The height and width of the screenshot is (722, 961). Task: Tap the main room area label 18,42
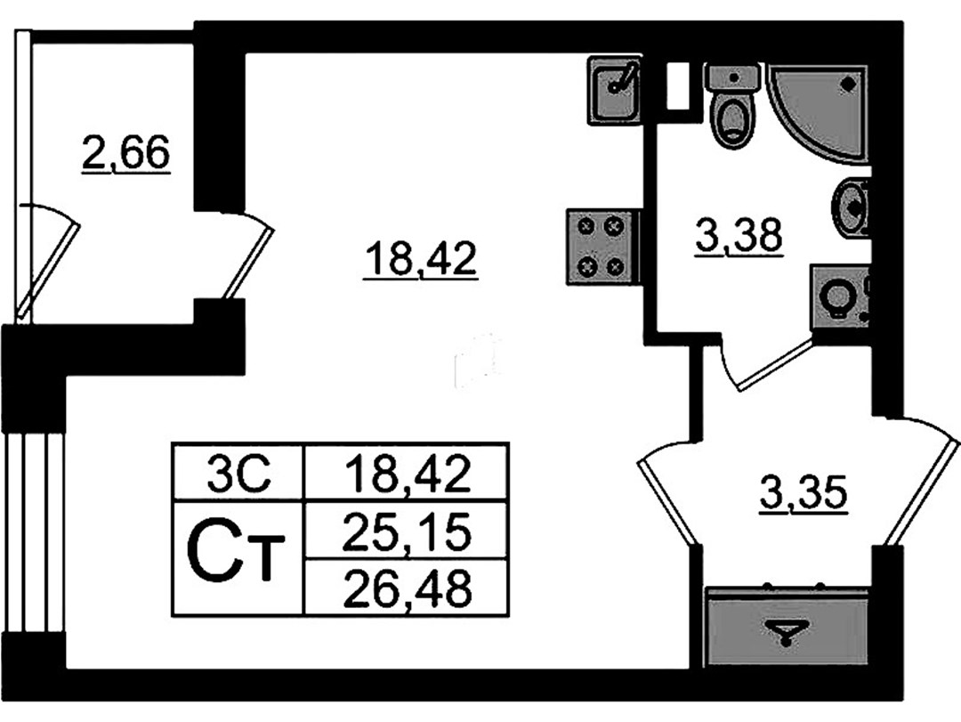(x=420, y=259)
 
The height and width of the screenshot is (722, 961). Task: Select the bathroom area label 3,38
(x=739, y=236)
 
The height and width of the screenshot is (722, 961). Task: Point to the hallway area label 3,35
(x=804, y=492)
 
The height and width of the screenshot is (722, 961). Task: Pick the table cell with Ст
(x=239, y=558)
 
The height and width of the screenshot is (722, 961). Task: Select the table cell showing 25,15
(x=407, y=531)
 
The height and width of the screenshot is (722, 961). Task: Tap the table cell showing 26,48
(x=407, y=587)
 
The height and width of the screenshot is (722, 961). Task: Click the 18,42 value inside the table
(x=407, y=473)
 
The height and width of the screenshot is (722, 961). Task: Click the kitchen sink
(x=614, y=91)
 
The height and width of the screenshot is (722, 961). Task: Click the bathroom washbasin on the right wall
(x=851, y=208)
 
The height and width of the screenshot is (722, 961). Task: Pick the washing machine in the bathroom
(x=840, y=298)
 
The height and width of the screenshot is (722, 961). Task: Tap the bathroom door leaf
(x=775, y=364)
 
